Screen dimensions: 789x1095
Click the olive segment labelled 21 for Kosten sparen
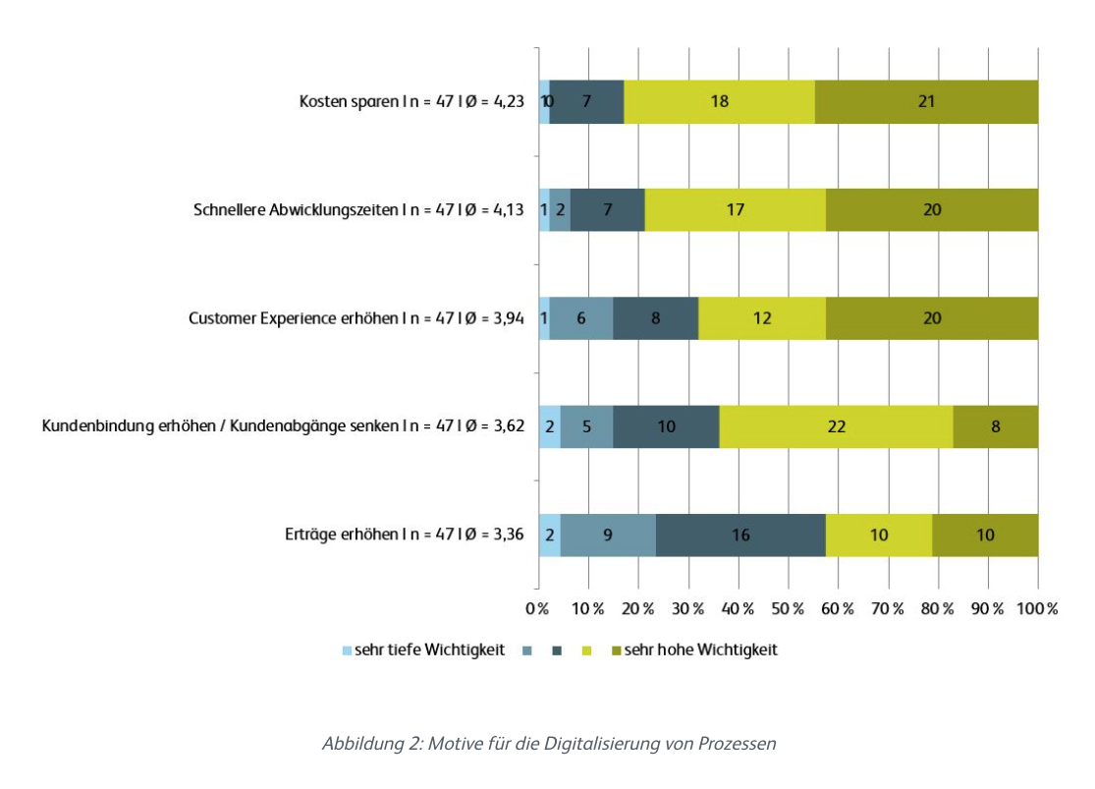pos(926,101)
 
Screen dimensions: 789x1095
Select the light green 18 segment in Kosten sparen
pos(719,101)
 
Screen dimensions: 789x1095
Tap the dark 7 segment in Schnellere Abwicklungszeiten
pos(607,209)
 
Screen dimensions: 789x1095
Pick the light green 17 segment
pos(735,209)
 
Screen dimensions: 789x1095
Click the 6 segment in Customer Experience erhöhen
pos(580,318)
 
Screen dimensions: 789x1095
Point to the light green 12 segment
pos(761,318)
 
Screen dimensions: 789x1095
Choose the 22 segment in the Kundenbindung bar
pos(836,426)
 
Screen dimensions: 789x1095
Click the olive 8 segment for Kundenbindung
pos(995,426)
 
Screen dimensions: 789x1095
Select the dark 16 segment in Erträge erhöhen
pos(740,535)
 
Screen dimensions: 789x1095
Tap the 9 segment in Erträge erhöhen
pos(608,535)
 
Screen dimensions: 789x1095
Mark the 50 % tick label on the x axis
pos(787,609)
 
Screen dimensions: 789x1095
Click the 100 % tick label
pos(1037,609)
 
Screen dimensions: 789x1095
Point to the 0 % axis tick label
pos(537,609)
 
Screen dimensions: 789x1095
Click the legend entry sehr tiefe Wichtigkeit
pos(428,650)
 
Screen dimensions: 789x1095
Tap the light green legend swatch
pos(587,650)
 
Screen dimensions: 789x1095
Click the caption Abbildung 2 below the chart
pos(548,744)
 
